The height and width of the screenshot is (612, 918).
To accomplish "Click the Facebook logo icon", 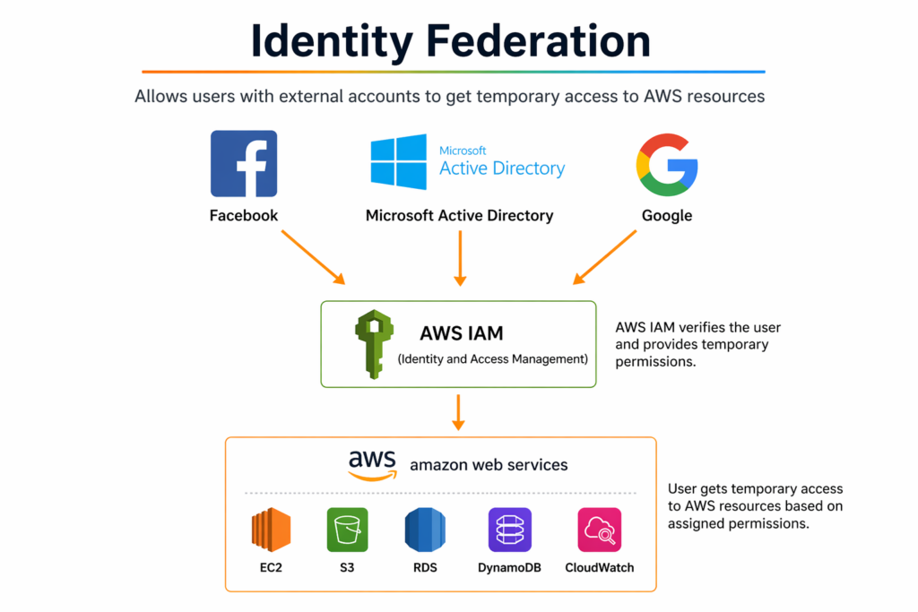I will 244,163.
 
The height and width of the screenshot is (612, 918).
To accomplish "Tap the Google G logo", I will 667,165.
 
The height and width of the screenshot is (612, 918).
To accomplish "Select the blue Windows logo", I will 399,162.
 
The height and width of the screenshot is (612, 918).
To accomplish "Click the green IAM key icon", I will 374,343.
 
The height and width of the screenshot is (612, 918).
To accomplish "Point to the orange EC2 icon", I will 271,530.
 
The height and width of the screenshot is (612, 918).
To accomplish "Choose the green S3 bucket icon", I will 347,530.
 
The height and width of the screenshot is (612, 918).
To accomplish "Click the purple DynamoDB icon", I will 510,530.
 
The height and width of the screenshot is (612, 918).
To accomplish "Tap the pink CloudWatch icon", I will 599,530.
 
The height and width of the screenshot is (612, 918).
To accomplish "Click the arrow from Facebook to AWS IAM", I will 313,257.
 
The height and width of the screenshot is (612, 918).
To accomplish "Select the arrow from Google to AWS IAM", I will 605,257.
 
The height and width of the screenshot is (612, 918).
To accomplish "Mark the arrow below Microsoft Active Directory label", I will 460,258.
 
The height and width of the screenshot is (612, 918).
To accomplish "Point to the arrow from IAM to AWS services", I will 458,411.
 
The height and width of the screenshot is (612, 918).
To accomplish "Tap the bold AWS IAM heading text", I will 461,334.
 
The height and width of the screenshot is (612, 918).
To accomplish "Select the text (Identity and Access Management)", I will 492,359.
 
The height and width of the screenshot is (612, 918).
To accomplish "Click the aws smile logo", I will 372,464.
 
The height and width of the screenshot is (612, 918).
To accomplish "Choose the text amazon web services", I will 489,465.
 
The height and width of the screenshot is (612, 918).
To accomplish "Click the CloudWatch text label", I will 599,567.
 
